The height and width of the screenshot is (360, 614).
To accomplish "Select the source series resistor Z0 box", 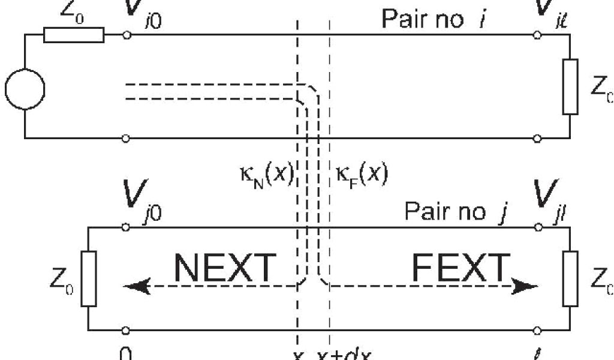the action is coord(74,35).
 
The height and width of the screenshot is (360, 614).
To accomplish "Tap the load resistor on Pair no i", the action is coord(570,86).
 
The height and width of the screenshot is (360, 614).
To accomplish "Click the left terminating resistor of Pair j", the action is coord(88,279).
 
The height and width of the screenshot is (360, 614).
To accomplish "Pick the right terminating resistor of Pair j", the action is coord(570,279).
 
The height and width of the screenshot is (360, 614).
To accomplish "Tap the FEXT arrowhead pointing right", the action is coord(526,286).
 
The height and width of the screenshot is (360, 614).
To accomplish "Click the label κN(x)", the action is coord(264,175).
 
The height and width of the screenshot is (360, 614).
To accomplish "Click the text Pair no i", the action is coord(434,19).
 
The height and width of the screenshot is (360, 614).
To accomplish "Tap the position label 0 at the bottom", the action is coord(125,354).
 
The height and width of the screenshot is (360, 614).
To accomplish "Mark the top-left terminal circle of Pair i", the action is coord(126,35).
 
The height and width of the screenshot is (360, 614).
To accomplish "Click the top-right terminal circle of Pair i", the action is coord(537,35).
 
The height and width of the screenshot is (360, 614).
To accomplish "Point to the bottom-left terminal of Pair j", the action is coord(126,330).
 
